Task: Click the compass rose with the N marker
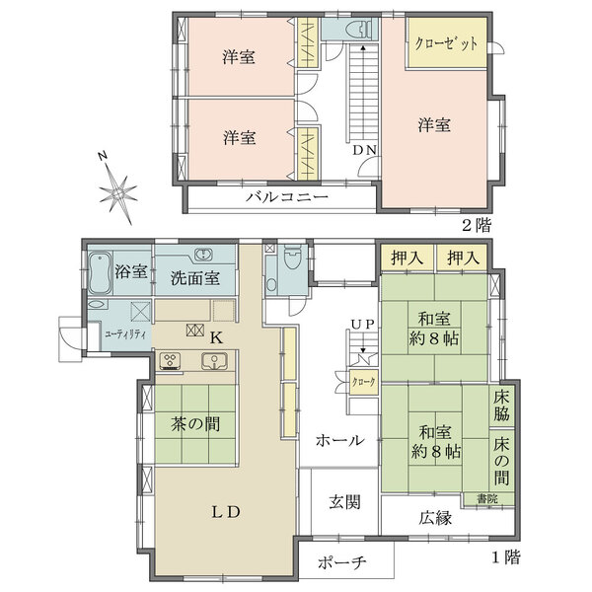117,186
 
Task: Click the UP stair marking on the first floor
361,324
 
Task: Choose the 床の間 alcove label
502,461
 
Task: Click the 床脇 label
502,406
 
